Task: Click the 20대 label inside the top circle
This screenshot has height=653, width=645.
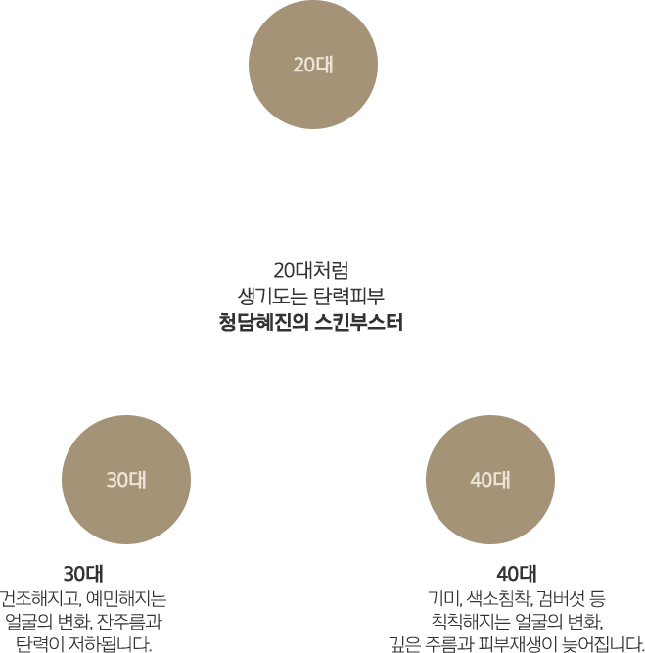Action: pyautogui.click(x=313, y=65)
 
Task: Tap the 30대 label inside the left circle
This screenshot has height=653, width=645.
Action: pyautogui.click(x=126, y=480)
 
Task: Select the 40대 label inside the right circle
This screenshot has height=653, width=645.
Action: pyautogui.click(x=490, y=480)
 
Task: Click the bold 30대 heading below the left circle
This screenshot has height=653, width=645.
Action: pyautogui.click(x=83, y=574)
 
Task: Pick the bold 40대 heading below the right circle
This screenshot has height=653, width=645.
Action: pyautogui.click(x=517, y=574)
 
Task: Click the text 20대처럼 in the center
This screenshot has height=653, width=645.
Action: pyautogui.click(x=311, y=270)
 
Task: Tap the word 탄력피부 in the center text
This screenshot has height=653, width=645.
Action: pyautogui.click(x=348, y=297)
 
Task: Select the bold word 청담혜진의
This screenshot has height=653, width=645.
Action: pyautogui.click(x=263, y=322)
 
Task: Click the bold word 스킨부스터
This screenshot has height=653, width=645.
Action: pyautogui.click(x=359, y=322)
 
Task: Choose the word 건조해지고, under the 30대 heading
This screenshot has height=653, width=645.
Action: pyautogui.click(x=40, y=598)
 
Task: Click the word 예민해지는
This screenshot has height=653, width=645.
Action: pyautogui.click(x=126, y=598)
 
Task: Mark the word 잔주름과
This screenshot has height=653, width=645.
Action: pyautogui.click(x=129, y=622)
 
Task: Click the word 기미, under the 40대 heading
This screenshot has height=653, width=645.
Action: pyautogui.click(x=445, y=598)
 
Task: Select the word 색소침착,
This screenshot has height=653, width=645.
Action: pyautogui.click(x=500, y=598)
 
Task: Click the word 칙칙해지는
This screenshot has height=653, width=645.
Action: pyautogui.click(x=471, y=622)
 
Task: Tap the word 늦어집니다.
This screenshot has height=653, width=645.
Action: pyautogui.click(x=603, y=644)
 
